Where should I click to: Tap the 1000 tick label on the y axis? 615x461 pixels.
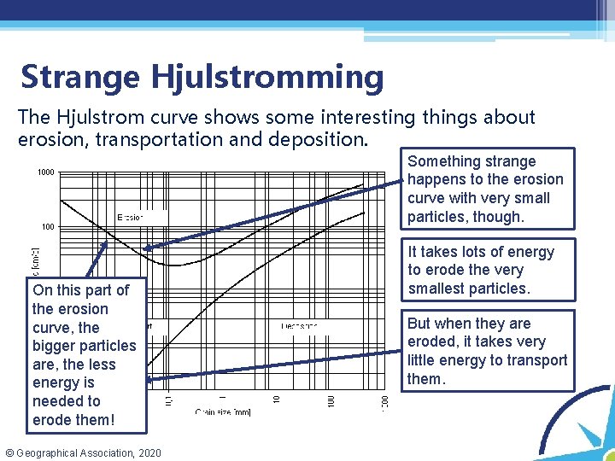[46, 172]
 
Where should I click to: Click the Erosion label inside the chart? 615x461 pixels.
[130, 217]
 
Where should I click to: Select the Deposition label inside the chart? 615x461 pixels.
[299, 325]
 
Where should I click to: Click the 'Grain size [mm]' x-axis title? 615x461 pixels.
[223, 412]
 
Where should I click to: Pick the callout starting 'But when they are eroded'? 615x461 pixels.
[487, 351]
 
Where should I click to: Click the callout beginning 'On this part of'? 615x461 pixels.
[85, 354]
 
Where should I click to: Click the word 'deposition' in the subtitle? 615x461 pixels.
[325, 139]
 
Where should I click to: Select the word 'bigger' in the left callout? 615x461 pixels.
[55, 346]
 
